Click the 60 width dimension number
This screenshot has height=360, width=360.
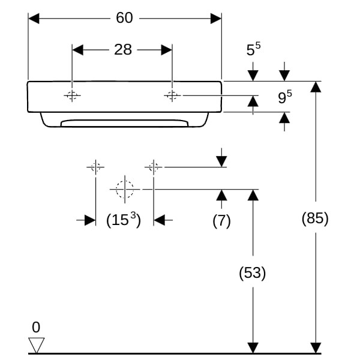click(124, 18)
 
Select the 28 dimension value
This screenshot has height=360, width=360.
click(122, 50)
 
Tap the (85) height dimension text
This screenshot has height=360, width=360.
click(315, 218)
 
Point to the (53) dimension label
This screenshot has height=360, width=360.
click(253, 273)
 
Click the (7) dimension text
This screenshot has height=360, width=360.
click(221, 220)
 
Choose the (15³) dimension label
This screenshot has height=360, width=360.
click(123, 220)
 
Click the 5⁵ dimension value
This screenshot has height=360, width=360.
click(254, 50)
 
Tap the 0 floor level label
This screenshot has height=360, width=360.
click(36, 328)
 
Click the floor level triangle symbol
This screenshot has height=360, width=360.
click(37, 345)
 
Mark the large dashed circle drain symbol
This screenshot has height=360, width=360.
click(124, 189)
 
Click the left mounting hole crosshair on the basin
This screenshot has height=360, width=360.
click(72, 95)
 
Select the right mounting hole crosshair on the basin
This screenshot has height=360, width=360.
click(172, 95)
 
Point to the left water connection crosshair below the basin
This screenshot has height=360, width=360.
click(95, 167)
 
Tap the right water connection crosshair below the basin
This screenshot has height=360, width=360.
click(154, 167)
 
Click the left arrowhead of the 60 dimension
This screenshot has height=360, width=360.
click(34, 19)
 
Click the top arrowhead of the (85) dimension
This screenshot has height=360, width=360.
click(316, 87)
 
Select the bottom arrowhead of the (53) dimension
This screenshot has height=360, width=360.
click(253, 347)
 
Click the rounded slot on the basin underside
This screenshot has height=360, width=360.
click(124, 123)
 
